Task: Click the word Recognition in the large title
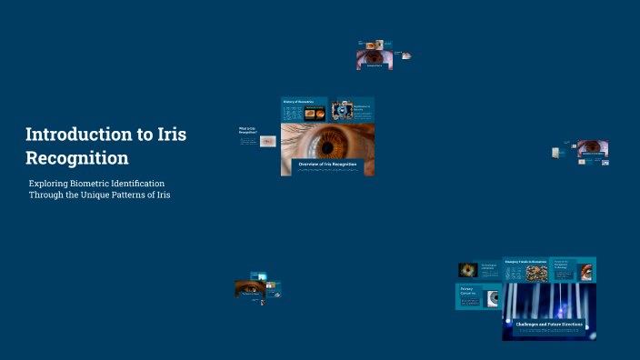77,157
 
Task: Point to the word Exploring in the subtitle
49,184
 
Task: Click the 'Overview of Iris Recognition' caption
327,165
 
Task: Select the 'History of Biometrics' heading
298,101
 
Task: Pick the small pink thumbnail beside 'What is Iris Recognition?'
267,141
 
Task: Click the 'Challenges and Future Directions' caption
549,325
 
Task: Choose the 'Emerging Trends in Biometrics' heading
526,262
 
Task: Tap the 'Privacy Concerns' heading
470,291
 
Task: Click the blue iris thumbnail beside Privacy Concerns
493,297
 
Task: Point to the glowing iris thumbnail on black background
467,269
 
